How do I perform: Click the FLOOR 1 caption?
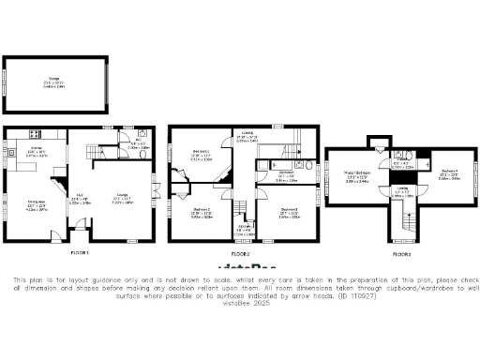(82, 254)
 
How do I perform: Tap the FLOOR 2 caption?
(242, 254)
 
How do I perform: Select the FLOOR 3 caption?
(401, 254)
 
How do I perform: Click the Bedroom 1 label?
(201, 154)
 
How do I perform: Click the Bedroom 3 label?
(288, 211)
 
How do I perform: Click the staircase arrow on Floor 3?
(408, 223)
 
